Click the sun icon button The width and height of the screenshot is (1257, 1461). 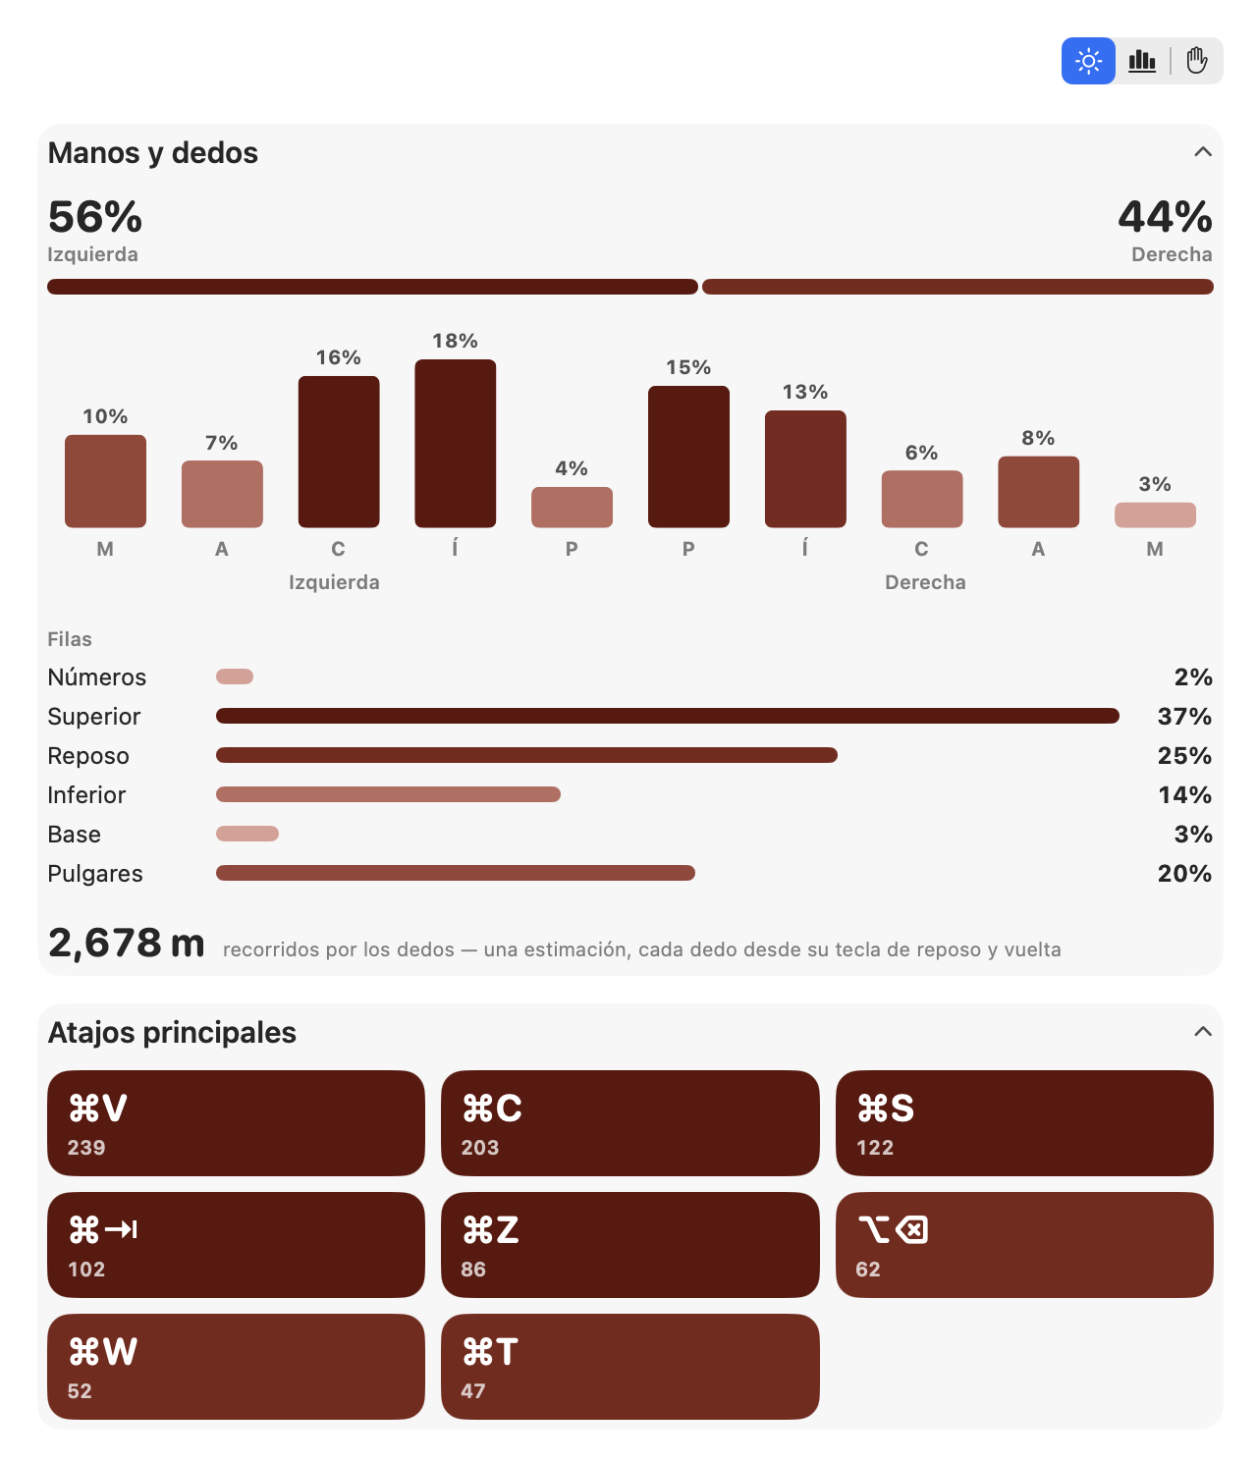1087,61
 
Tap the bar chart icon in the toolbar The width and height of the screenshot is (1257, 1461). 1141,61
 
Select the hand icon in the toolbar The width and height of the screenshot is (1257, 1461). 1196,61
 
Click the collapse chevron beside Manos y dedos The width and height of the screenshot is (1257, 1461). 1202,152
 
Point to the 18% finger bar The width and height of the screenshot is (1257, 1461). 455,443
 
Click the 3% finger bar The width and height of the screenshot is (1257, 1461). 1155,514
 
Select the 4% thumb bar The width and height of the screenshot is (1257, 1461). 572,507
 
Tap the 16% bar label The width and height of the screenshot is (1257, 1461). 338,357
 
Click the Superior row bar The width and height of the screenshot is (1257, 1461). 667,716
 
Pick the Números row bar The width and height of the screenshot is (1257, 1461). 234,676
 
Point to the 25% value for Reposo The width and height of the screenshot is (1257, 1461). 1183,755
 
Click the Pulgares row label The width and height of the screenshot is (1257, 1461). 94,874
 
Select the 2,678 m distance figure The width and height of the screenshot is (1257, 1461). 126,943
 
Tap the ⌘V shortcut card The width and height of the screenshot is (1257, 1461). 236,1122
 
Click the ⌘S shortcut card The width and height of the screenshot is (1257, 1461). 1023,1122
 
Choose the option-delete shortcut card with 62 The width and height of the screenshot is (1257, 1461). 1023,1244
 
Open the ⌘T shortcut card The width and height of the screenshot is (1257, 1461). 629,1366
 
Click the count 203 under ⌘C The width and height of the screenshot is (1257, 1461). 479,1147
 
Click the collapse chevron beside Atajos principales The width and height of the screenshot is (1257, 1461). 1202,1031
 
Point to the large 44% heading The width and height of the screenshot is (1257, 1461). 1165,216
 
